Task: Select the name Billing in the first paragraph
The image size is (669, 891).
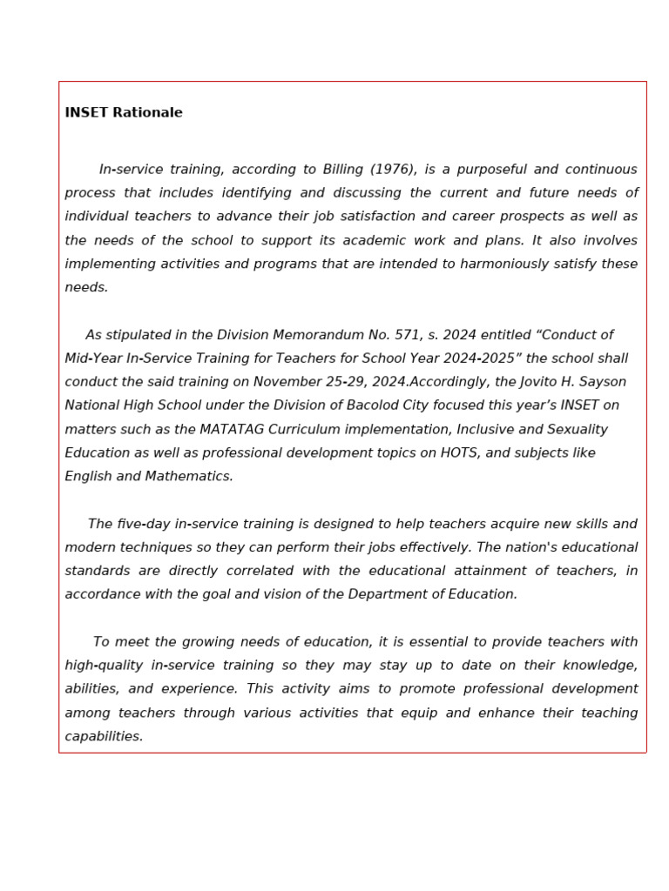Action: pyautogui.click(x=344, y=170)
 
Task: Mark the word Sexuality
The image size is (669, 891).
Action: pyautogui.click(x=576, y=430)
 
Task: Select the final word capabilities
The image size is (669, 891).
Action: pyautogui.click(x=104, y=737)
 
